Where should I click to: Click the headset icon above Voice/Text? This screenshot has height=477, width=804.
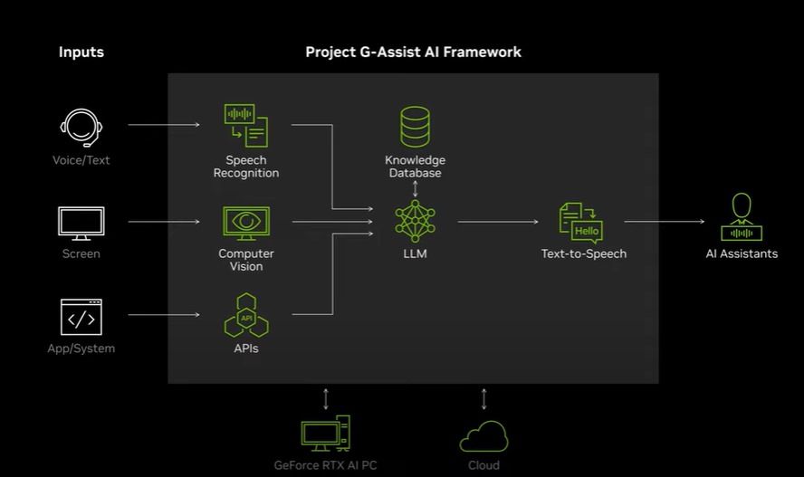pos(81,127)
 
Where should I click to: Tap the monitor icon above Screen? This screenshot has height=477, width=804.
pos(81,223)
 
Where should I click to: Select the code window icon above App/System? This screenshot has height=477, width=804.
pos(81,317)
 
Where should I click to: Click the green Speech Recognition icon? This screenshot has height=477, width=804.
pos(245,126)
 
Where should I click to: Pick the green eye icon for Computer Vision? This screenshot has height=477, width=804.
pos(245,222)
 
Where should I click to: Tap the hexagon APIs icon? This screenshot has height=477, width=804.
pos(245,316)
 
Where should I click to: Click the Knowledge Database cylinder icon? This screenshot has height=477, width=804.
pos(415,128)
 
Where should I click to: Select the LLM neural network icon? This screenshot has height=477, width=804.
pos(415,221)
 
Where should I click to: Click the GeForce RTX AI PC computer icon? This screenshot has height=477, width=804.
pos(325,434)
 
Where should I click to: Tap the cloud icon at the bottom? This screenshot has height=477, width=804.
pos(483,435)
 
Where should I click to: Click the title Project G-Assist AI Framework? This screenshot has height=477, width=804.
pos(413,52)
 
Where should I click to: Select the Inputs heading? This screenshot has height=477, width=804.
pos(81,52)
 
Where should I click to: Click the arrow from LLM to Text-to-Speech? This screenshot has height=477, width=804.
pos(497,221)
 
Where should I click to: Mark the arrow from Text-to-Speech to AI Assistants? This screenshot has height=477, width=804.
pos(664,221)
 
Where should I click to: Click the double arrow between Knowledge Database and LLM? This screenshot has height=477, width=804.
pos(415,188)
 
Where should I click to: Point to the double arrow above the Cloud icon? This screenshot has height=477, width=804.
pos(483,398)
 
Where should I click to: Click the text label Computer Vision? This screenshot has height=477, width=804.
pos(246,260)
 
